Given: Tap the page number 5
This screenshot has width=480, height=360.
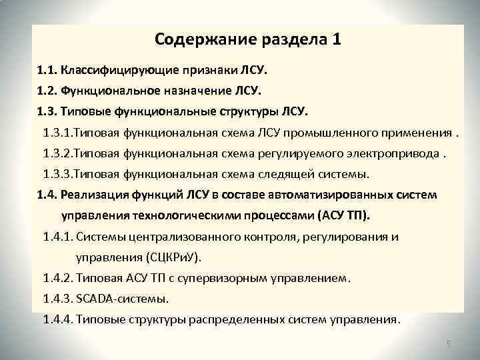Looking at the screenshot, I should point(449,344).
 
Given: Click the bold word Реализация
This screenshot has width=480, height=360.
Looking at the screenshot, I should point(90,195).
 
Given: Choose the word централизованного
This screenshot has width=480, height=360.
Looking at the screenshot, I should point(189,237).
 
